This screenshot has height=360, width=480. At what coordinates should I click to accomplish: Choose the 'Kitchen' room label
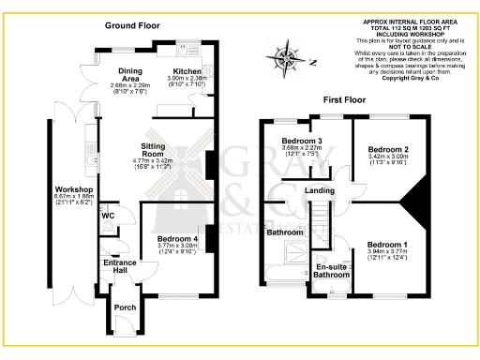click(x=186, y=71)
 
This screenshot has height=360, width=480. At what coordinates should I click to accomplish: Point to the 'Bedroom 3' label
click(x=301, y=142)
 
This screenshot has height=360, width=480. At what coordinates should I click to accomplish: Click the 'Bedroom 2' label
click(x=387, y=149)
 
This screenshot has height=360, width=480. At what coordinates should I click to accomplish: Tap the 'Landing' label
click(x=322, y=191)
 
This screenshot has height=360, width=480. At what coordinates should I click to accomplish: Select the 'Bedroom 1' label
click(x=387, y=245)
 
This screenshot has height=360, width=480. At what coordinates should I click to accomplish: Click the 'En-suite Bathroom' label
click(x=333, y=270)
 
